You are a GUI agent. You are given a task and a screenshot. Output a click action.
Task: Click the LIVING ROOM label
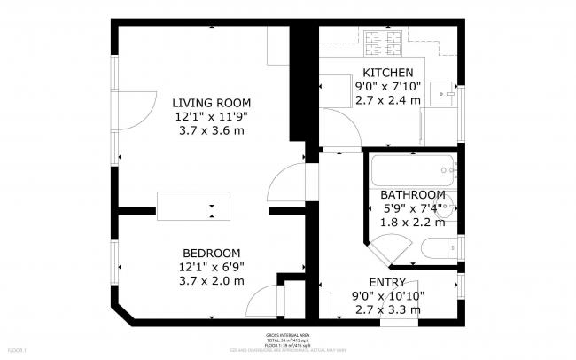pyautogui.click(x=211, y=102)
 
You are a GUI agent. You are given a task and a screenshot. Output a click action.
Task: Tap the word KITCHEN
pyautogui.click(x=387, y=73)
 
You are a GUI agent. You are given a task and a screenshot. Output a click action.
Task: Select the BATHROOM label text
pyautogui.click(x=412, y=194)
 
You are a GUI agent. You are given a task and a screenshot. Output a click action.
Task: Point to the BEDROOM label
pyautogui.click(x=212, y=252)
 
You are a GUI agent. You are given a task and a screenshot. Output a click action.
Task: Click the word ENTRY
pyautogui.click(x=387, y=283)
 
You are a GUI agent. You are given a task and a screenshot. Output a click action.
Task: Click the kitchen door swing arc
pyautogui.click(x=339, y=131)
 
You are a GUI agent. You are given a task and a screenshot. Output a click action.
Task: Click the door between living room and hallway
pyautogui.click(x=286, y=183)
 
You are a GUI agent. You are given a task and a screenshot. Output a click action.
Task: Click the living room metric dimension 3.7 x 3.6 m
pyautogui.click(x=211, y=130)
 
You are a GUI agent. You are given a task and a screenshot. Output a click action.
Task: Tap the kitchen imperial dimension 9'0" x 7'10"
pyautogui.click(x=387, y=87)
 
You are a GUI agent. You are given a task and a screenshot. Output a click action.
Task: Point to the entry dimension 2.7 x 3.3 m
pyautogui.click(x=387, y=310)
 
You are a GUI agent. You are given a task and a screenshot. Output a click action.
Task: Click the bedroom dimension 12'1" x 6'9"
pyautogui.click(x=212, y=267)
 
